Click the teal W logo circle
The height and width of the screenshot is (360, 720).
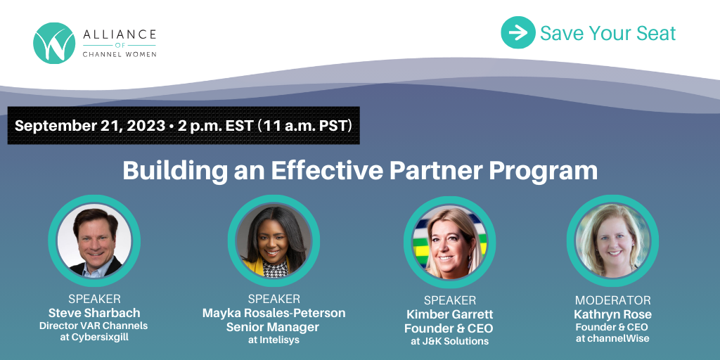point(54,43)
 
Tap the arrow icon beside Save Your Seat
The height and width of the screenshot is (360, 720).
point(518,32)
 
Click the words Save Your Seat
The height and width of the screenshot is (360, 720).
point(608,33)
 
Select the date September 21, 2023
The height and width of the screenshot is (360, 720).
point(89,126)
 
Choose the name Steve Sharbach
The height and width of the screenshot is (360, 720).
point(94,313)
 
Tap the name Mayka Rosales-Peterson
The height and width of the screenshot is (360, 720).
point(274,313)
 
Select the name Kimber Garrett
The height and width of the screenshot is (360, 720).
point(449,314)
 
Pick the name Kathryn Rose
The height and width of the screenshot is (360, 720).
point(612,314)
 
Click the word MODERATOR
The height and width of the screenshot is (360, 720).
point(612,301)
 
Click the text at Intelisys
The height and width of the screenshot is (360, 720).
point(274,341)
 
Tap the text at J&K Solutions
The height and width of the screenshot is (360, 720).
point(449,341)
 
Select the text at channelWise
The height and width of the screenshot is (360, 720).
point(612,339)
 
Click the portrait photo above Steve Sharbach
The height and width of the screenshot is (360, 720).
point(94,240)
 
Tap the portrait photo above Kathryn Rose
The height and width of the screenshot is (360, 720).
point(612,240)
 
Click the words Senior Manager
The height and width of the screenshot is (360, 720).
point(272,328)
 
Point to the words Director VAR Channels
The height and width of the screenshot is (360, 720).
point(94,326)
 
